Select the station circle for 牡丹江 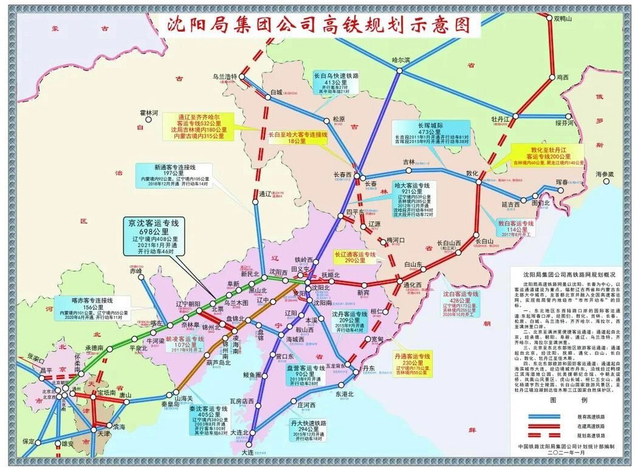pos(515,116)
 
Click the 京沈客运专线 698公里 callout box pos(153,237)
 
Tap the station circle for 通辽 pos(255,202)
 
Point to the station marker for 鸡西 pos(552,77)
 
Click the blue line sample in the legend pos(544,417)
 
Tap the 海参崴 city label pos(605,174)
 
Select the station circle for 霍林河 pos(148,120)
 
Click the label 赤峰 pos(136,271)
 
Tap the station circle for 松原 pos(326,121)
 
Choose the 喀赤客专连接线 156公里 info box pos(92,308)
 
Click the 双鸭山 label pos(563,19)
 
